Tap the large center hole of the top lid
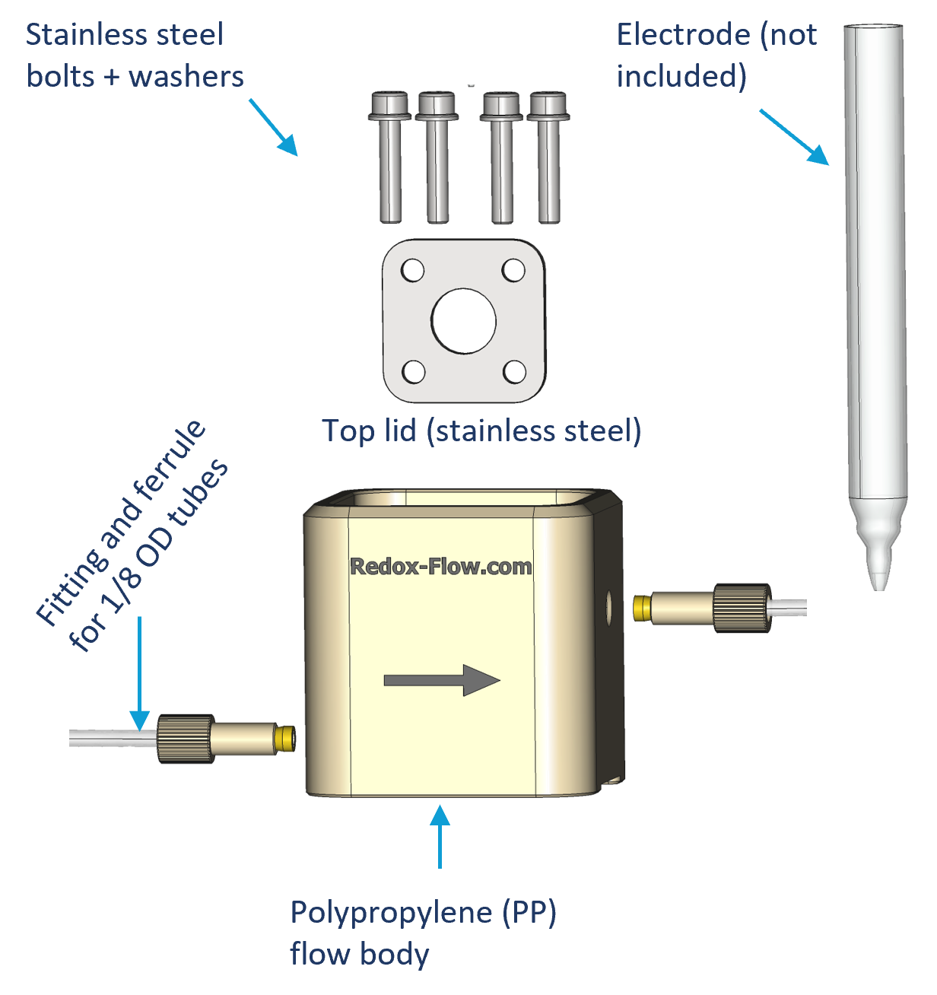[x=463, y=321]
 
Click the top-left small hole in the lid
[x=412, y=270]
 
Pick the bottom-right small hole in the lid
[x=515, y=372]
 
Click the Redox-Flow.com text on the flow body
[x=440, y=567]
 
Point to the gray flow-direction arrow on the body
[x=442, y=680]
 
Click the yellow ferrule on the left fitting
[x=284, y=738]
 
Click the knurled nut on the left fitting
[x=185, y=738]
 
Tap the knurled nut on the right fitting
[x=742, y=607]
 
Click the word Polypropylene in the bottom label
[x=391, y=912]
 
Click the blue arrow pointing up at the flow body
[x=440, y=837]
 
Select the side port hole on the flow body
[x=608, y=606]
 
